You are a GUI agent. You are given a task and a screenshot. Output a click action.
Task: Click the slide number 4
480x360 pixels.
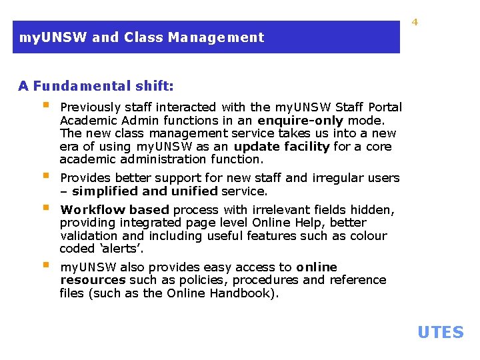(415, 22)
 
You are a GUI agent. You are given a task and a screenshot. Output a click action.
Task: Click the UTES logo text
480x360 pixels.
(440, 332)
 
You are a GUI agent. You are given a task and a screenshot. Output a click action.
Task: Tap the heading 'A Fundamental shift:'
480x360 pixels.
(96, 85)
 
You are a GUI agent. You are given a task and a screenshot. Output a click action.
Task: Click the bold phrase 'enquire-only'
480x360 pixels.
(300, 120)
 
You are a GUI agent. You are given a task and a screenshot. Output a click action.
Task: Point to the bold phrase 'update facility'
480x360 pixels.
(281, 146)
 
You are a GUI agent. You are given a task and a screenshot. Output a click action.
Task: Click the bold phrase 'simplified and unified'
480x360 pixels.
(145, 191)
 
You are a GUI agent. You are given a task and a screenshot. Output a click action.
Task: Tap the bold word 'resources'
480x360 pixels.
(93, 280)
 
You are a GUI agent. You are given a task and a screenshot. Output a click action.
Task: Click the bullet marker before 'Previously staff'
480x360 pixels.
(46, 105)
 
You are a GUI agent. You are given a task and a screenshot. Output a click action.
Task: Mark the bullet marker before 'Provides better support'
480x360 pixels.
(46, 176)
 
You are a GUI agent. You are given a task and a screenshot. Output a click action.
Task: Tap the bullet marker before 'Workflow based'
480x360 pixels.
(46, 207)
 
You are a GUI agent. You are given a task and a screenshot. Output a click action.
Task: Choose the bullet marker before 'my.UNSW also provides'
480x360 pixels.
(46, 265)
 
